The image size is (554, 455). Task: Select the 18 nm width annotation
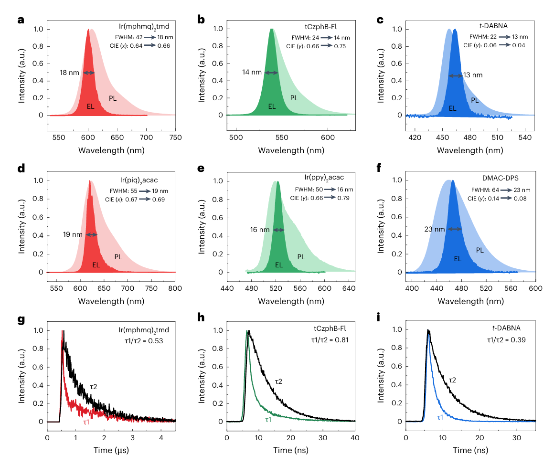click(x=69, y=73)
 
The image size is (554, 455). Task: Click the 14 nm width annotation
click(x=252, y=73)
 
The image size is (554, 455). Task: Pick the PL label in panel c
click(x=475, y=100)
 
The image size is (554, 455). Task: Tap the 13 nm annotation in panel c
click(x=473, y=75)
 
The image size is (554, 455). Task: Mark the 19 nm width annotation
click(x=74, y=234)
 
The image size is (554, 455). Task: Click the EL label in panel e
click(x=278, y=265)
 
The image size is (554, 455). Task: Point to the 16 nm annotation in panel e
click(x=261, y=230)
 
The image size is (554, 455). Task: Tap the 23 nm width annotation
click(x=434, y=229)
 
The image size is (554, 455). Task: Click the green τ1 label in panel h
click(x=268, y=420)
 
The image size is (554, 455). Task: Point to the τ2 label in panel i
click(x=452, y=380)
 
